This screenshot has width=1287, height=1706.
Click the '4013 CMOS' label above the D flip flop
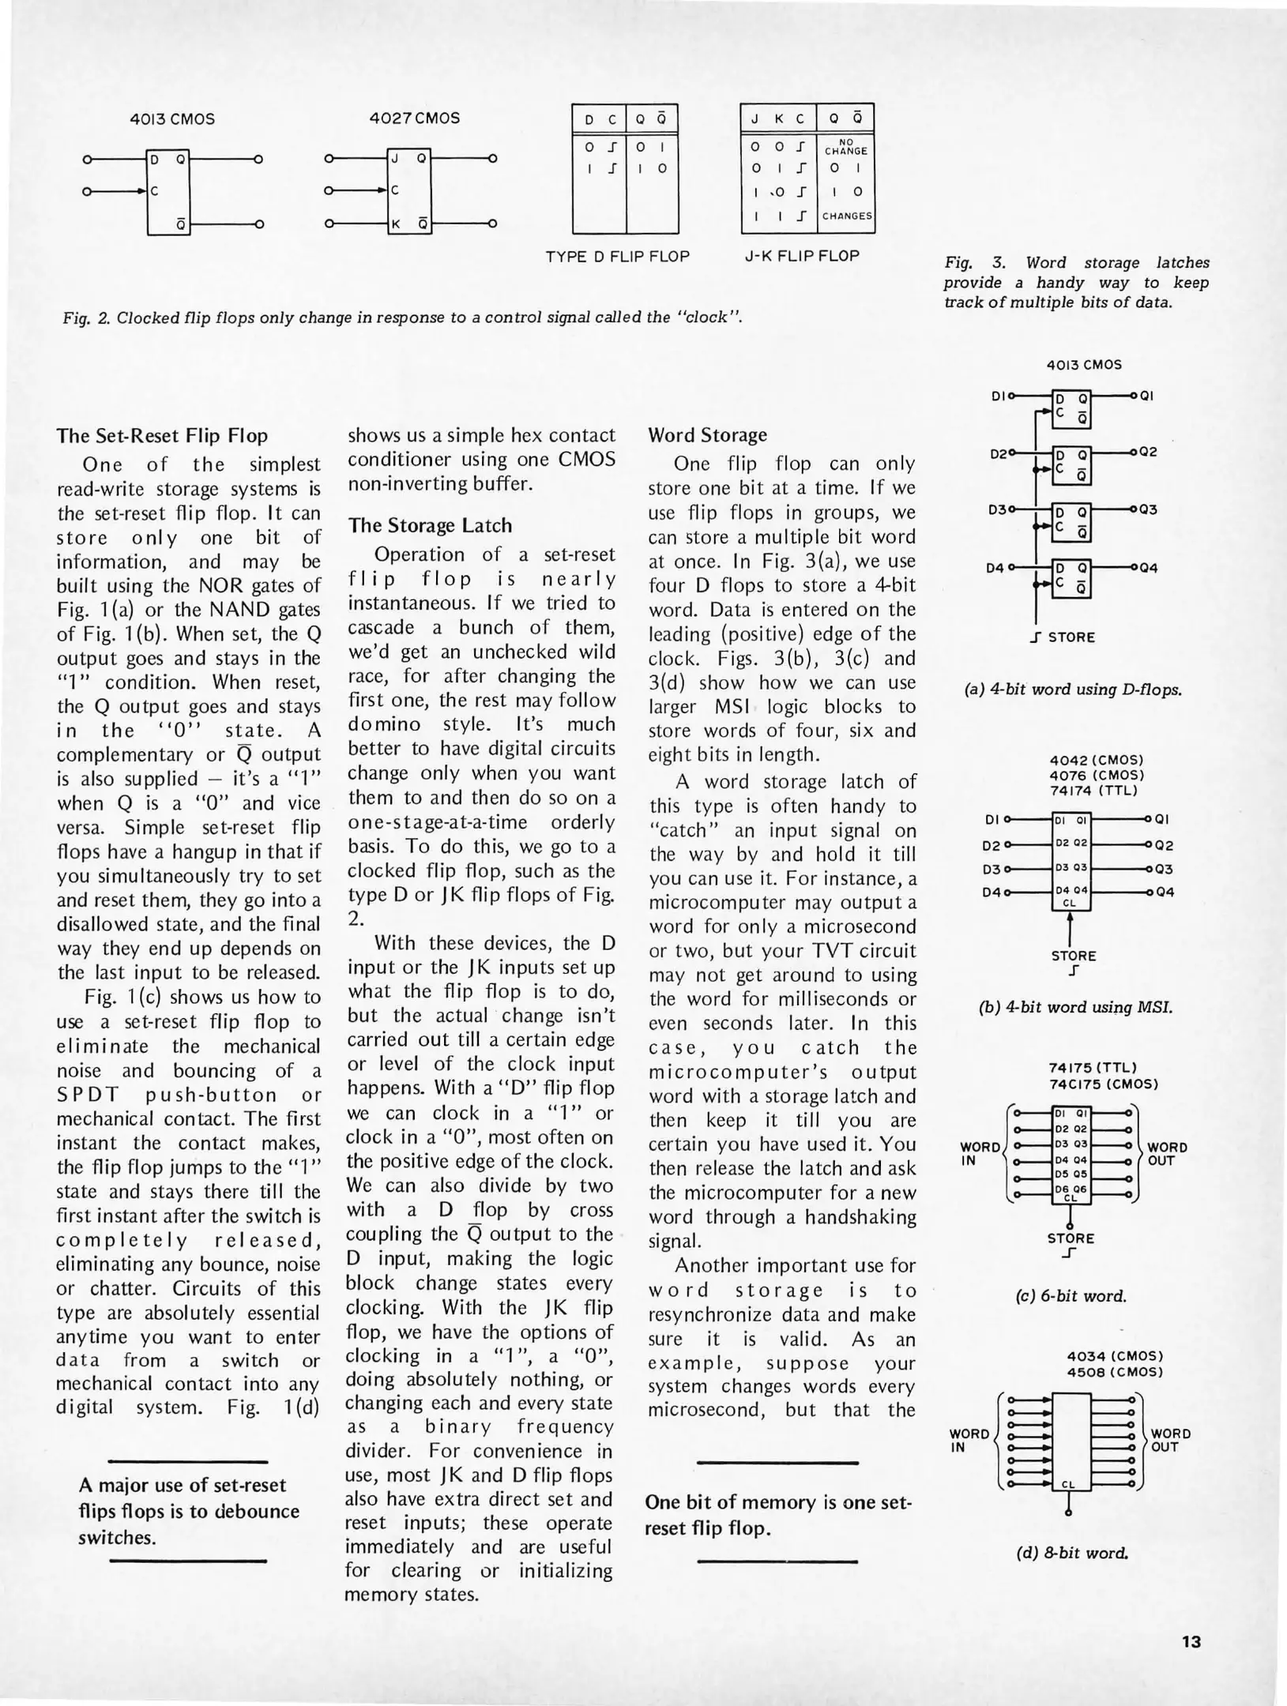[172, 119]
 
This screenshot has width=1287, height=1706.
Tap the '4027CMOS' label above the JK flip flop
[414, 118]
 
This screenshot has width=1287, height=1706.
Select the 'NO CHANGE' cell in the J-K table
[845, 147]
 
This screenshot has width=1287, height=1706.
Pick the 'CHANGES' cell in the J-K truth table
[846, 216]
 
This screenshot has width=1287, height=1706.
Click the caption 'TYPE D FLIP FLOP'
[617, 257]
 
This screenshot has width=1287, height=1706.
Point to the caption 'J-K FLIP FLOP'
[802, 256]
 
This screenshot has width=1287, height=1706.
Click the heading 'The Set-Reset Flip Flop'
[162, 436]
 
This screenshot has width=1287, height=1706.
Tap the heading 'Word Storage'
[707, 435]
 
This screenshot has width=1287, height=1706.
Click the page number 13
[1191, 1641]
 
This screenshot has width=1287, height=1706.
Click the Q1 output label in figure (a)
[1147, 396]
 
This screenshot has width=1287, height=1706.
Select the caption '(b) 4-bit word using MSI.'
[1075, 1008]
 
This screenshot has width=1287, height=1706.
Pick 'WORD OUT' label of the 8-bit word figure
[1170, 1440]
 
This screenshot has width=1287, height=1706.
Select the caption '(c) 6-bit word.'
[1071, 1296]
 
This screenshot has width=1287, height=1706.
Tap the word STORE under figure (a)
[1071, 637]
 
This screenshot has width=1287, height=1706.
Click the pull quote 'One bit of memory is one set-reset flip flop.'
[778, 1515]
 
